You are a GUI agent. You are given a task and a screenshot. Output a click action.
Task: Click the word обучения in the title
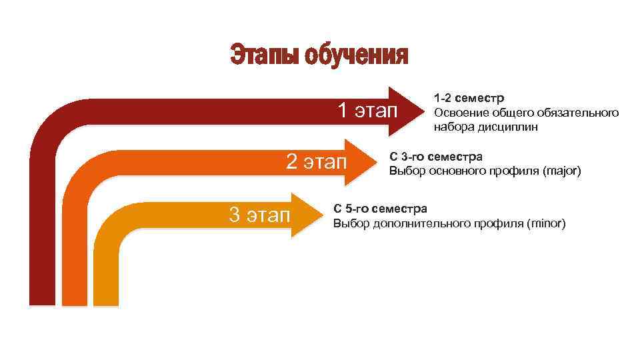(x=355, y=55)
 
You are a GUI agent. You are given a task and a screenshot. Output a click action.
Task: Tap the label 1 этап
(x=366, y=110)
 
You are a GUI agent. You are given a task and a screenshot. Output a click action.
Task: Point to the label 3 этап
(x=259, y=215)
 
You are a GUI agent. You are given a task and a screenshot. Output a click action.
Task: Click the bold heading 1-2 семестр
(x=469, y=99)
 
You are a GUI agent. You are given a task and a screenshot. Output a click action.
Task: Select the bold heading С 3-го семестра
(x=436, y=157)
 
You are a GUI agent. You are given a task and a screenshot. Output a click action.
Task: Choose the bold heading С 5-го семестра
(x=380, y=209)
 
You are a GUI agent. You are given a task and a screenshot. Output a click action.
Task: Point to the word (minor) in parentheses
(x=546, y=223)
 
